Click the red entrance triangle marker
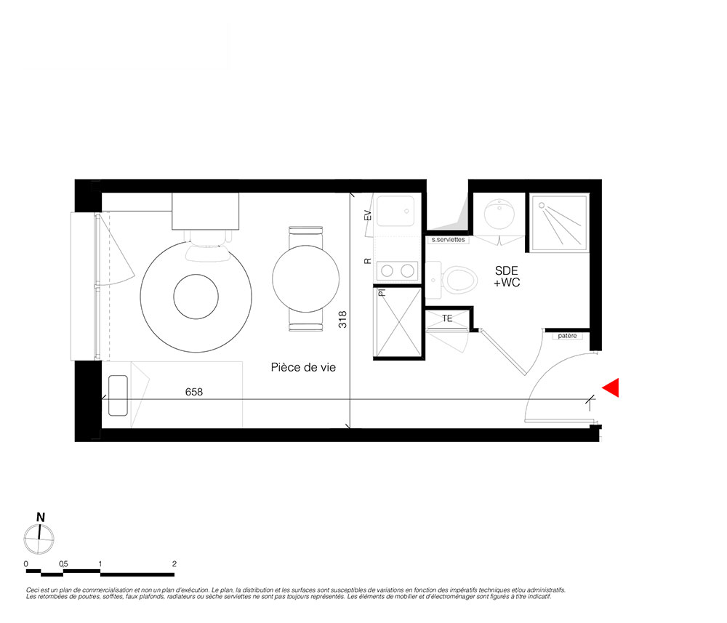click(x=612, y=387)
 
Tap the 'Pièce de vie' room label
click(x=303, y=368)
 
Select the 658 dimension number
click(x=194, y=392)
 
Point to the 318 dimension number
click(x=342, y=319)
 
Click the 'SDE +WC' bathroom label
click(x=507, y=277)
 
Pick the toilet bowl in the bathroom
click(x=460, y=280)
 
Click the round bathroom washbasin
click(x=499, y=214)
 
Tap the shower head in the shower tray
click(x=542, y=205)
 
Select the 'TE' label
click(x=447, y=318)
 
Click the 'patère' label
click(x=568, y=336)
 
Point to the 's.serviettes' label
click(x=448, y=240)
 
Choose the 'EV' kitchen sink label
click(x=368, y=216)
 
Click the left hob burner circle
click(x=387, y=270)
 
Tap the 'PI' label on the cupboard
click(x=382, y=293)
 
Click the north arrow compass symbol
click(x=39, y=539)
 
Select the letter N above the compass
click(x=41, y=518)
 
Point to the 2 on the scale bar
click(x=174, y=564)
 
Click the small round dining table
click(x=305, y=278)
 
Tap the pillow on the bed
click(x=118, y=395)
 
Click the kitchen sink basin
click(x=395, y=211)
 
